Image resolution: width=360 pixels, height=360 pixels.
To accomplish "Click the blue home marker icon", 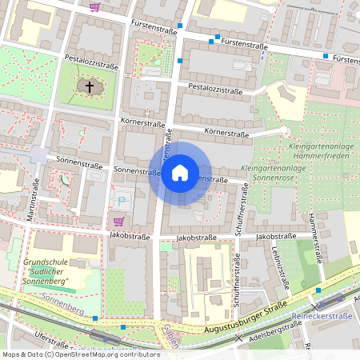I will click(179, 173).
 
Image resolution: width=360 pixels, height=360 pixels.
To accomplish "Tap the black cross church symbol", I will click(89, 86).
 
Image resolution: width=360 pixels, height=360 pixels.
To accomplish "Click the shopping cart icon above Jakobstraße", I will click(119, 222).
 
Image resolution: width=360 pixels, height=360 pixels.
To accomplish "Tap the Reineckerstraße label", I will click(322, 317).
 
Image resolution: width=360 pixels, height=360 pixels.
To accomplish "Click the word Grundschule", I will click(46, 262).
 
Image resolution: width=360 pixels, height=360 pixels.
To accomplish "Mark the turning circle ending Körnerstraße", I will click(283, 130).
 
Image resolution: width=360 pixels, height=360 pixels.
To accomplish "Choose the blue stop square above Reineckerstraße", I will click(318, 290).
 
